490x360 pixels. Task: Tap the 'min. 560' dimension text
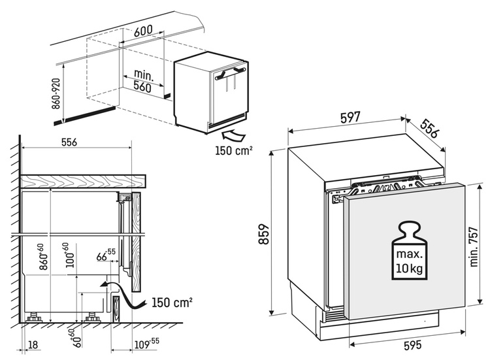pos(141,80)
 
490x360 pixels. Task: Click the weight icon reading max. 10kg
pos(409,250)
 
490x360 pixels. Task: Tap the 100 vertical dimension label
pos(68,257)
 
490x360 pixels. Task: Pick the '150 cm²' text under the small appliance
pos(233,151)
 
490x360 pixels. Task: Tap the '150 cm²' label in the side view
pos(172,303)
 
